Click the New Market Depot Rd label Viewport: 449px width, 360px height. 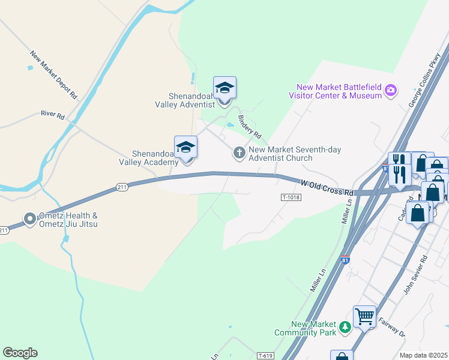point(53,74)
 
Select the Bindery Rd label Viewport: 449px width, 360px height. point(250,125)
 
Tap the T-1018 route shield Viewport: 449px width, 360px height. point(289,197)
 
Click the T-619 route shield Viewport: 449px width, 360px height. point(265,356)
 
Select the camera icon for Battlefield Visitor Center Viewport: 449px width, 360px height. point(391,91)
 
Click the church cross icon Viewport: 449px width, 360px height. point(239,153)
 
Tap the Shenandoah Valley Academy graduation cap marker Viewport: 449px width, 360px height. point(186,147)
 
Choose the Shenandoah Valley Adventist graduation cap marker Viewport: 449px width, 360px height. point(224,88)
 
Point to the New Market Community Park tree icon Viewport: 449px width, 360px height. point(345,326)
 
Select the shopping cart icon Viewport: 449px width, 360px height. point(364,316)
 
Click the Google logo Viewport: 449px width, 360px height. point(20,353)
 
